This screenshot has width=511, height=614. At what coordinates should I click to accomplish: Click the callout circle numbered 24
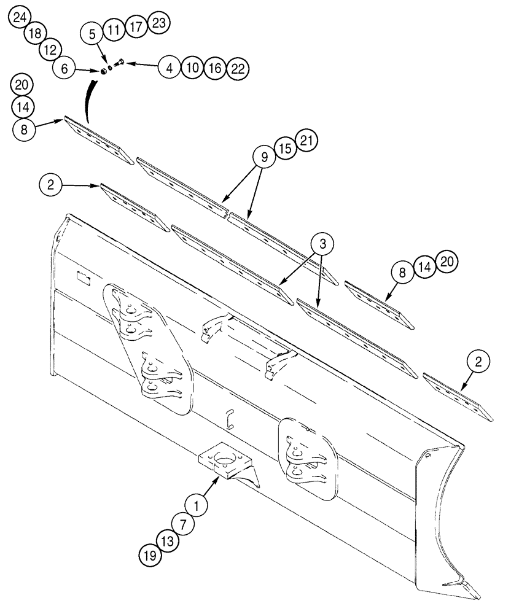coord(20,20)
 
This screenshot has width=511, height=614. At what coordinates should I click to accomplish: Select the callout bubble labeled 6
coord(64,68)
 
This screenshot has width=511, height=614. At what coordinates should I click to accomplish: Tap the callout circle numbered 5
coord(93,34)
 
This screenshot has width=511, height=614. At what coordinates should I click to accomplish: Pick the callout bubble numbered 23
coord(158,24)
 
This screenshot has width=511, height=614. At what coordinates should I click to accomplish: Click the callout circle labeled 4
coord(169,68)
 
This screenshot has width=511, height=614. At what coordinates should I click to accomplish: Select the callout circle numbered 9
coord(263,158)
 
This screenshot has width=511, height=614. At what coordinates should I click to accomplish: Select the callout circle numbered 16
coord(214,68)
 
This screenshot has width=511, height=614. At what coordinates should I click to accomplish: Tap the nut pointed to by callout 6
coord(104,71)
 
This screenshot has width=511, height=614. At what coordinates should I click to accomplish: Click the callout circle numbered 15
coord(286,149)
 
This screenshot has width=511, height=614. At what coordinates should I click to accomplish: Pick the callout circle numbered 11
coord(114,29)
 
